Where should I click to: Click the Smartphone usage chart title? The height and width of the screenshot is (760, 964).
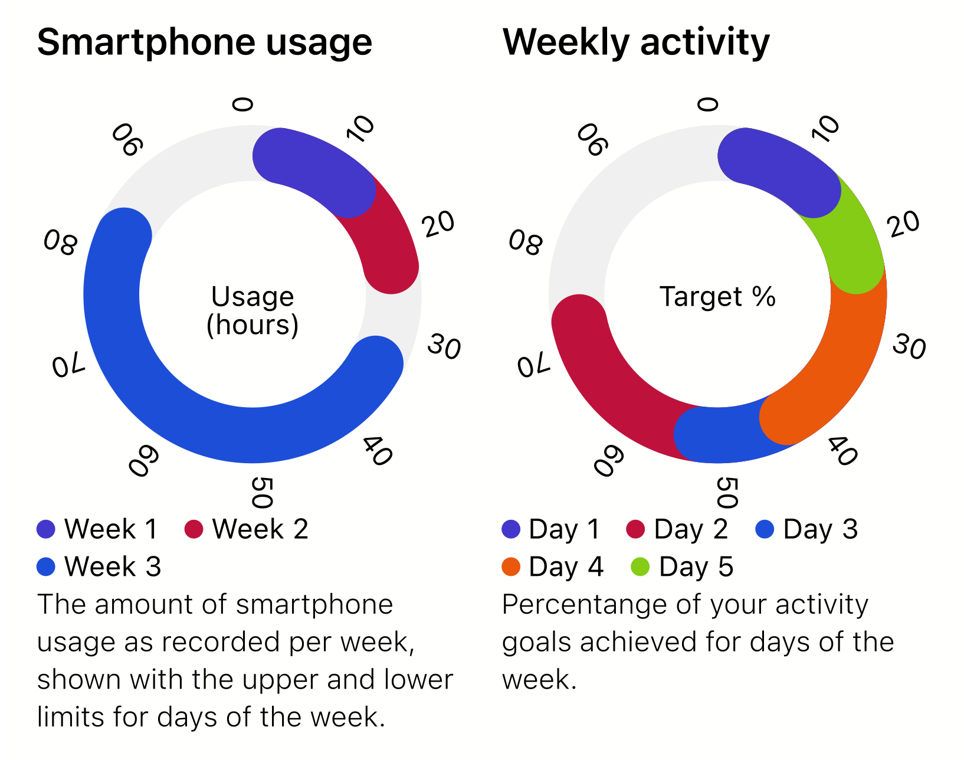205,42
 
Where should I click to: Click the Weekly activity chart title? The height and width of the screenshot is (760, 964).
636,42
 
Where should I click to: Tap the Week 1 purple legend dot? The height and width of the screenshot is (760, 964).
45,529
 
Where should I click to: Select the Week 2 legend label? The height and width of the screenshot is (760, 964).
260,529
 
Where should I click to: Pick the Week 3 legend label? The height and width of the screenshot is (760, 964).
113,566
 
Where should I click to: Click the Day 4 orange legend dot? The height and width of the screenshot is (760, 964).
511,567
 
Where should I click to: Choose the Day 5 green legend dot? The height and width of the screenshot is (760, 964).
640,567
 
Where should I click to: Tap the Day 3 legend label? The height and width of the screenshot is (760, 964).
821,529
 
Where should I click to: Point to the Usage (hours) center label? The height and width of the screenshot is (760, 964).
253,310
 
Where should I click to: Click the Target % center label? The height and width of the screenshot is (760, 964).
717,297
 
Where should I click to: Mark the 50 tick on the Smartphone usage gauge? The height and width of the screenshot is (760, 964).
263,493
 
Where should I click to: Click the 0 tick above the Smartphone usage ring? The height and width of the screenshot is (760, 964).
242,105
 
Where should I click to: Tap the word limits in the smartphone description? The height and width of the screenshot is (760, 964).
69,718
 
